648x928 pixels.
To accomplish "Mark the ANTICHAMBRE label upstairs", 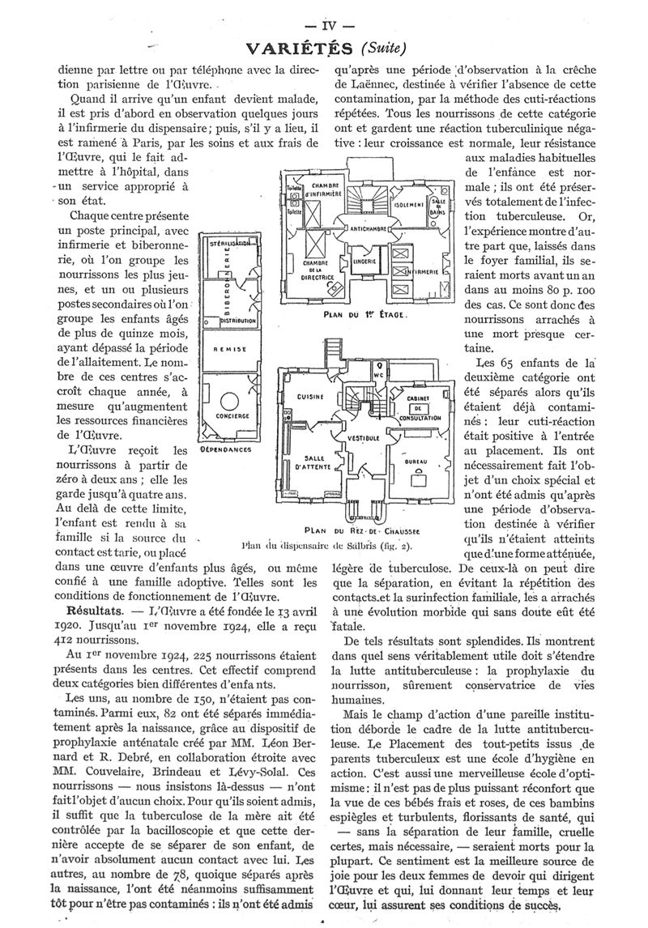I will point(369,229).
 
